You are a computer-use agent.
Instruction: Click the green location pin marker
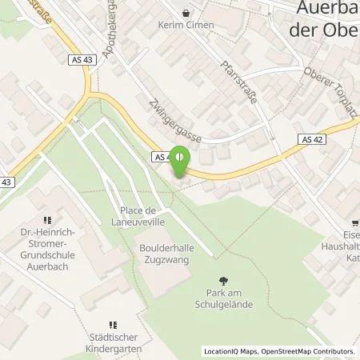(180, 164)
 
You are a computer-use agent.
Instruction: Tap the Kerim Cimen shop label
(186, 25)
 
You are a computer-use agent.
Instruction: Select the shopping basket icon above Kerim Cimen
(186, 13)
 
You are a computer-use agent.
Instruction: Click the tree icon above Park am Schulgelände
(225, 281)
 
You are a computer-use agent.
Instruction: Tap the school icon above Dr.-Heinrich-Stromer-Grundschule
(46, 218)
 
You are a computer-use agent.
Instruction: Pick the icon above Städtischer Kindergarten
(112, 326)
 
